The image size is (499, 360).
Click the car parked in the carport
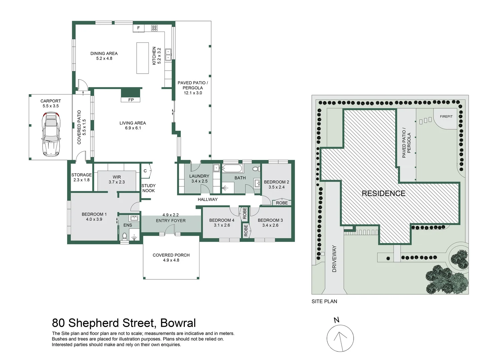[x=51, y=134]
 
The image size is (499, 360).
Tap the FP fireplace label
[x=131, y=100]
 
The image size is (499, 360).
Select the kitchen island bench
[x=142, y=58]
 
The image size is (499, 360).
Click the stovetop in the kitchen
[x=154, y=28]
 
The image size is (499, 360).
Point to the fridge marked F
[x=138, y=28]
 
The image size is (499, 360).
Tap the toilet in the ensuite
[x=125, y=236]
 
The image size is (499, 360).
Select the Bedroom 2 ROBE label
[x=282, y=203]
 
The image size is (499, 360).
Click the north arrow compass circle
[x=340, y=338]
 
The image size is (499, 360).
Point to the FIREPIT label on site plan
[x=446, y=116]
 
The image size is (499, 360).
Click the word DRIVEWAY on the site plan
[x=334, y=259]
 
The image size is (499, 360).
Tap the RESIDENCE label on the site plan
[x=384, y=193]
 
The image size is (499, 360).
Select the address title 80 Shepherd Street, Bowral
[x=124, y=323]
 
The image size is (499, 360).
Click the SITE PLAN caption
[x=324, y=301]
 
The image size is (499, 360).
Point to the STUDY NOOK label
[x=148, y=188]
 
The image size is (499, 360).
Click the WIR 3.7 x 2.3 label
[x=117, y=180]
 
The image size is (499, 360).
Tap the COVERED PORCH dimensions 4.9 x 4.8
[x=171, y=260]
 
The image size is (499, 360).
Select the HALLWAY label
[x=207, y=199]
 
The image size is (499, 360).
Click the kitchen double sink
[x=168, y=55]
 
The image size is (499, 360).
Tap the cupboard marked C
[x=145, y=171]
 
